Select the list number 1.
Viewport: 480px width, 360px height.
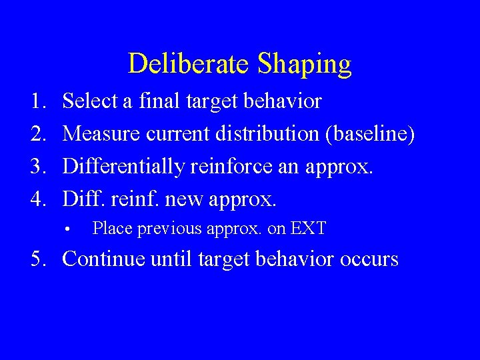point(37,101)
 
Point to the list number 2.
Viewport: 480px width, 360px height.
point(37,134)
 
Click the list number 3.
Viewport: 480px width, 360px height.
point(37,166)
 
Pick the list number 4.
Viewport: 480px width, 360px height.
point(37,198)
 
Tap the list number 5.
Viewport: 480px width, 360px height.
point(38,259)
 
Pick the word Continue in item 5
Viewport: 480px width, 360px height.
point(103,259)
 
